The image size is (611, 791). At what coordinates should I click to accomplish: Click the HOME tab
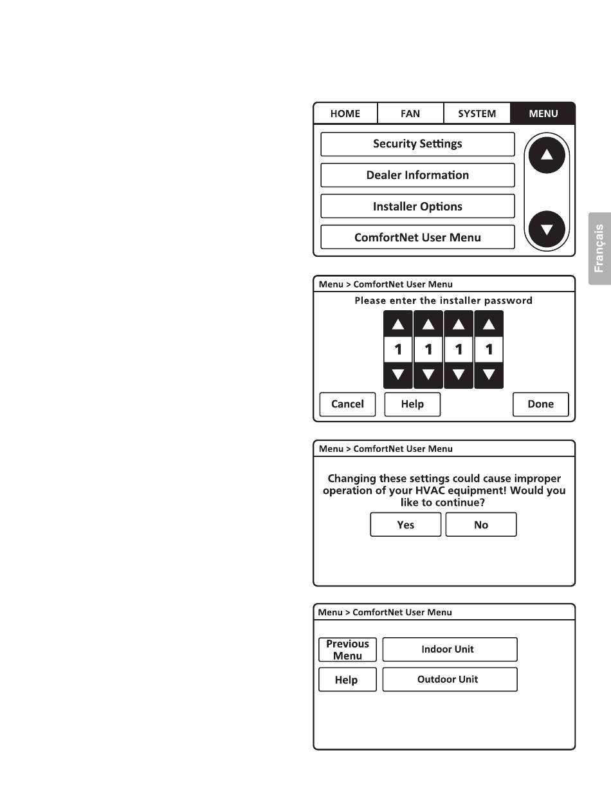345,113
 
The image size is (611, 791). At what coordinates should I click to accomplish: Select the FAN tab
410,113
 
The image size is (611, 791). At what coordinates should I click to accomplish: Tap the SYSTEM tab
477,113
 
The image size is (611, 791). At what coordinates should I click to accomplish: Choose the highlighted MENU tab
543,113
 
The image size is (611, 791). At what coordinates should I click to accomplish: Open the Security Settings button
417,144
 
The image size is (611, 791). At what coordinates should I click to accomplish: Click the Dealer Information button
417,175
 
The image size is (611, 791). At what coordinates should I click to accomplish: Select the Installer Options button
417,207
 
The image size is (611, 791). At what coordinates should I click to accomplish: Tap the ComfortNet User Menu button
417,237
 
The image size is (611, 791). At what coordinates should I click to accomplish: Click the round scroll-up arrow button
546,155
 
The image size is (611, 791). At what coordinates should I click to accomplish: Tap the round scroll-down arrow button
546,228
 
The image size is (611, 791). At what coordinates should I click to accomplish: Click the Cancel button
347,404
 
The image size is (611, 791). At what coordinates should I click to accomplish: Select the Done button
540,404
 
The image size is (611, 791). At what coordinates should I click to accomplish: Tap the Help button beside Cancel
412,404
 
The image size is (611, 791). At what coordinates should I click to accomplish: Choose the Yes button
406,525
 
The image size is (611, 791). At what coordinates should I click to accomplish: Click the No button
481,525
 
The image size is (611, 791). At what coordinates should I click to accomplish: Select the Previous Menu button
347,649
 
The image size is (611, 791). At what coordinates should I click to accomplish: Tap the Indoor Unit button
450,649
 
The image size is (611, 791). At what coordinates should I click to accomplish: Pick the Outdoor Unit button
450,680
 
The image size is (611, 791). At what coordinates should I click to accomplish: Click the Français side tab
599,248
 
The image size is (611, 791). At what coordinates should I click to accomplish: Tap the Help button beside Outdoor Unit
347,680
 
